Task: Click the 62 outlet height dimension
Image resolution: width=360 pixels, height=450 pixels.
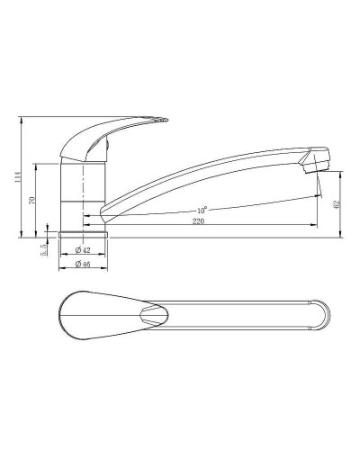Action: point(337,204)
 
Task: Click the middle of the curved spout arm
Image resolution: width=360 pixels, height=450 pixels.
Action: point(207,179)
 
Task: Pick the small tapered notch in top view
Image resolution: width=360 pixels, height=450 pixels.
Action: point(154,316)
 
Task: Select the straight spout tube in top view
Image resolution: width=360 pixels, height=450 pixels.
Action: point(234,316)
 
